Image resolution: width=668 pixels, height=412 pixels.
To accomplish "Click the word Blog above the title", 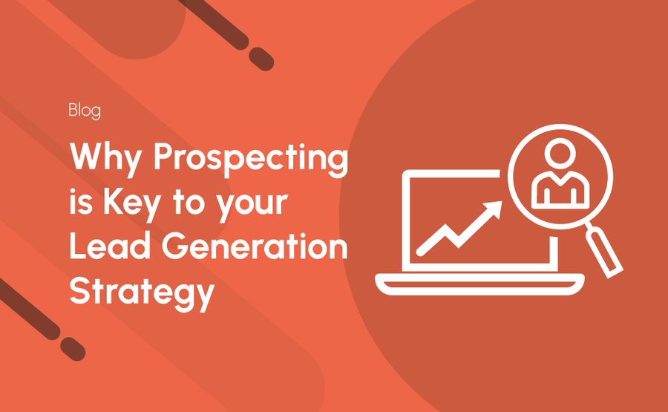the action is pos(85,111).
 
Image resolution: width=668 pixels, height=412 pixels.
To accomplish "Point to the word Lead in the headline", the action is pos(110,246).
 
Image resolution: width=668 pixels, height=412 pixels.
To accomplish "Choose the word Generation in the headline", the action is pos(255,246).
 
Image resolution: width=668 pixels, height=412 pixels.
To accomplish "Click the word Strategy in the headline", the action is pos(142,294).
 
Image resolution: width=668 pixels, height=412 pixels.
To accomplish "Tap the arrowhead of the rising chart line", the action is pos(494,209).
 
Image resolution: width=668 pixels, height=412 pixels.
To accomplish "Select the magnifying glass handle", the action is pos(604,252).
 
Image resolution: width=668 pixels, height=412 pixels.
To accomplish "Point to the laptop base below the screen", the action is pos(479,284).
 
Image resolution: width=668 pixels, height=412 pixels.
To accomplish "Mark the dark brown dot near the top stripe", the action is pos(261,59).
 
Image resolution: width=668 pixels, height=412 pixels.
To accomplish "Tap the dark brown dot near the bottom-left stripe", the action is pos(73,349).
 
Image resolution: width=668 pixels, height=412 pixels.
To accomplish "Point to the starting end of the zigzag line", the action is pos(420,252).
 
